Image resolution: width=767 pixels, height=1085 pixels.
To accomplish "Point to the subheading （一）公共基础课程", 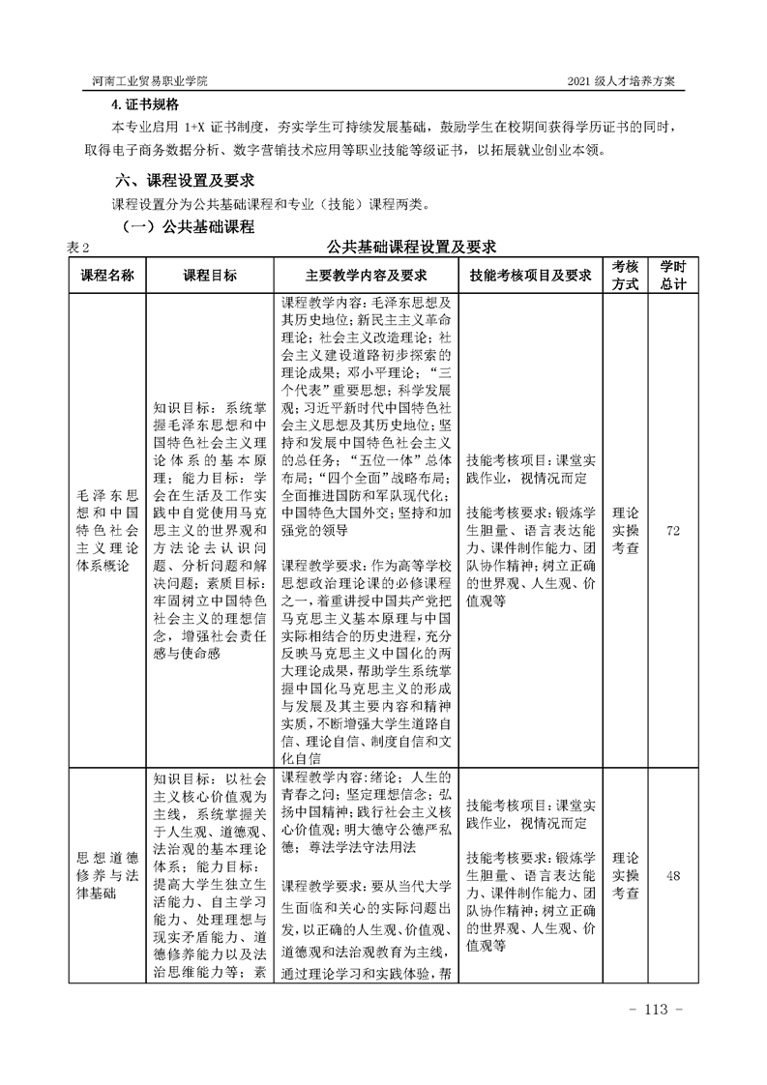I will [186, 227].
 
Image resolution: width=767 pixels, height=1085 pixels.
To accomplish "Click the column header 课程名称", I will [105, 275].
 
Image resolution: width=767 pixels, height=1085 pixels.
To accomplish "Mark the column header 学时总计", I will [673, 275].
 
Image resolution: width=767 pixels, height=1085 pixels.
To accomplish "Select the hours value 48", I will [673, 876].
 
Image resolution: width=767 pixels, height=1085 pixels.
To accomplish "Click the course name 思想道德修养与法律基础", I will [105, 876].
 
